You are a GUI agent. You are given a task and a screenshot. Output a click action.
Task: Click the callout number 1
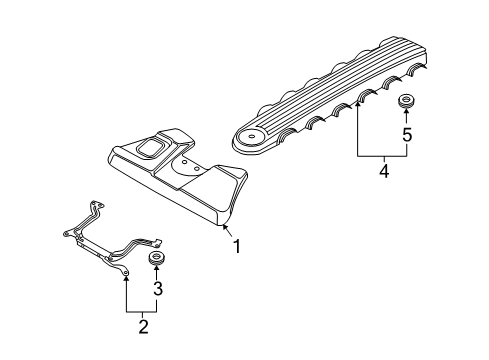click(237, 244)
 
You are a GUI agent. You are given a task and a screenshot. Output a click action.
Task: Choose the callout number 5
click(407, 134)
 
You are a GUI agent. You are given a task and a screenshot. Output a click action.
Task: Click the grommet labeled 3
click(156, 261)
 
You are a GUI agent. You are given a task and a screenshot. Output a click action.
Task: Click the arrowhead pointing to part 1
click(223, 229)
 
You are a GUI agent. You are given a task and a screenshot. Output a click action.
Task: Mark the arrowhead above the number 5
click(407, 115)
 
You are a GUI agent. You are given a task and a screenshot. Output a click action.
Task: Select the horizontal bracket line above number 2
click(140, 310)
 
